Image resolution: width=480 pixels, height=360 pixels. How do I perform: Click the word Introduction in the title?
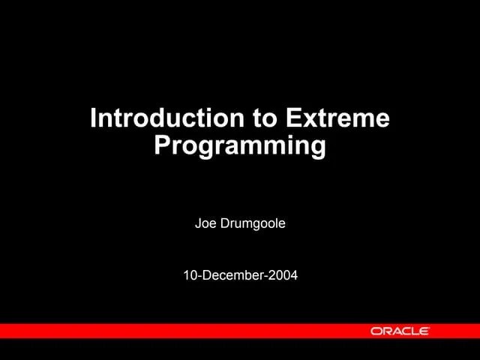point(166,118)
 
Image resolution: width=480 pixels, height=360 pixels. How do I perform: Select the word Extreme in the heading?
point(337,118)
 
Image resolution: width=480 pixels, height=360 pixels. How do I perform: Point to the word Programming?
point(240,145)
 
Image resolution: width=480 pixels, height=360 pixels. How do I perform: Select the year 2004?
point(283,275)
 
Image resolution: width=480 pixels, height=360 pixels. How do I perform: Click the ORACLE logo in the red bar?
point(400,331)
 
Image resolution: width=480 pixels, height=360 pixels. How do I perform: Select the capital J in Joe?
point(198,223)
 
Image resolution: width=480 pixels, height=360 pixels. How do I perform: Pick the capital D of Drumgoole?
point(224,223)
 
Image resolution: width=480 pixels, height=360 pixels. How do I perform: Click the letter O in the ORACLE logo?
point(375,331)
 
